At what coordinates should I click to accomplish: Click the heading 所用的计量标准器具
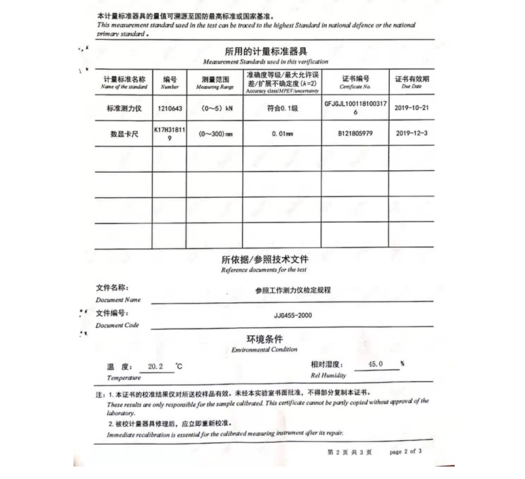tap(266, 51)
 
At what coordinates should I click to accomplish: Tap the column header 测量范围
tap(215, 78)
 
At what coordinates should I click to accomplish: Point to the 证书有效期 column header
tap(411, 78)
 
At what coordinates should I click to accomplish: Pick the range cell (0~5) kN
tap(215, 108)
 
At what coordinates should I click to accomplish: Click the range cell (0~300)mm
tap(215, 133)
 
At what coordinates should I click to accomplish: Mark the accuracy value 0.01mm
tap(283, 133)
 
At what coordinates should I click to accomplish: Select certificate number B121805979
tap(355, 133)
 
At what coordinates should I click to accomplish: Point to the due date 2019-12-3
tap(412, 133)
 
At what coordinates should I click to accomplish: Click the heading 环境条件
tap(264, 340)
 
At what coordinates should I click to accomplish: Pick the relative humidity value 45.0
tap(375, 364)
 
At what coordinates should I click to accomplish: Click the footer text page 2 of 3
tap(406, 451)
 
